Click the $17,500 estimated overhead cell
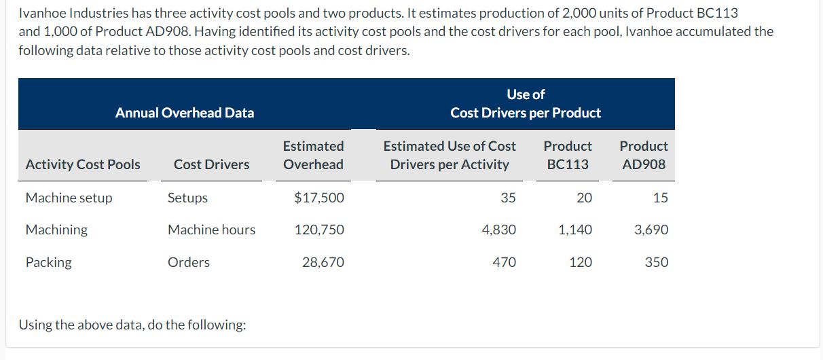click(x=318, y=198)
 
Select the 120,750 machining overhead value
click(x=318, y=230)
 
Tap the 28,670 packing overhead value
click(x=323, y=262)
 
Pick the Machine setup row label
click(x=69, y=198)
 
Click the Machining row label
click(x=56, y=230)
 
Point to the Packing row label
click(x=48, y=262)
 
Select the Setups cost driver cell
click(x=187, y=198)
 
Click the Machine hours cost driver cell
click(x=211, y=230)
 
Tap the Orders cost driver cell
click(x=188, y=262)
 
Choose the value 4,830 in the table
click(x=498, y=230)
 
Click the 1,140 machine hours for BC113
click(x=574, y=230)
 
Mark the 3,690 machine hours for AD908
click(x=651, y=230)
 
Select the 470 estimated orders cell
click(x=504, y=262)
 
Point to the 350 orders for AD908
click(x=657, y=262)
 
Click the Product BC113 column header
click(x=568, y=155)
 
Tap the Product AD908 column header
click(x=644, y=155)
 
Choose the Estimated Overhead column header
click(x=313, y=155)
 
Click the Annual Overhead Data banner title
click(x=185, y=113)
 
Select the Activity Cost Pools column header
click(x=83, y=164)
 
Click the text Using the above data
click(x=132, y=325)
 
